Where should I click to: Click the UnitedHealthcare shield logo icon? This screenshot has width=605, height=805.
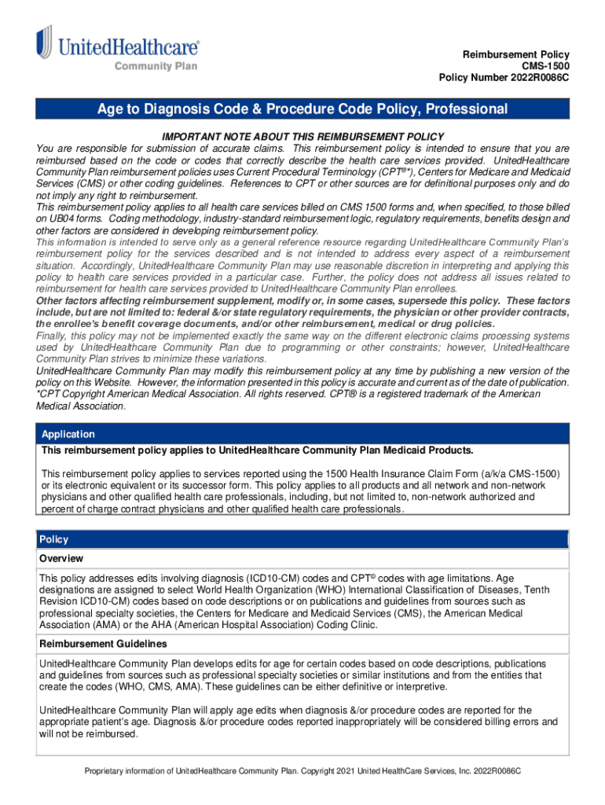click(44, 42)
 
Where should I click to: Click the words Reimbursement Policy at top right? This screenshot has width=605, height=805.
click(515, 53)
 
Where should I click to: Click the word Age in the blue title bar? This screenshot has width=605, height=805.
click(111, 108)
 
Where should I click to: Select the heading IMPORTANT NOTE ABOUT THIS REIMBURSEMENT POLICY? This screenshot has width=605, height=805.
click(303, 136)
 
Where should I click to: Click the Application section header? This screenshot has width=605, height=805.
click(68, 434)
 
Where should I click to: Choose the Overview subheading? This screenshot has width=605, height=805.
click(61, 558)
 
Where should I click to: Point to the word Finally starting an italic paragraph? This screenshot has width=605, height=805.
click(54, 336)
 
